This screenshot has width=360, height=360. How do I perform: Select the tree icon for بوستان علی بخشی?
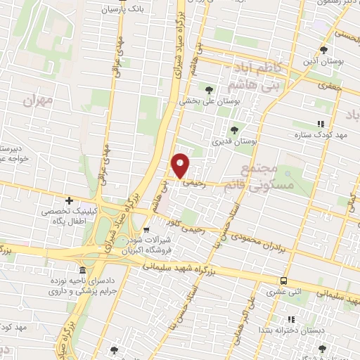tap(209, 89)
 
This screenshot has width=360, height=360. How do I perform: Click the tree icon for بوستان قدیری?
tap(235, 129)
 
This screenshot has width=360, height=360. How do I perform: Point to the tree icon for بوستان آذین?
tap(323, 50)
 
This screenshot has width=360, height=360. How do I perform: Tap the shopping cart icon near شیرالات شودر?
tap(146, 229)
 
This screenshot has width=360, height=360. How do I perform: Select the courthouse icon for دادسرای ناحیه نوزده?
tap(83, 271)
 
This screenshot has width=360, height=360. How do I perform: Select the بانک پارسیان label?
tap(122, 10)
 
